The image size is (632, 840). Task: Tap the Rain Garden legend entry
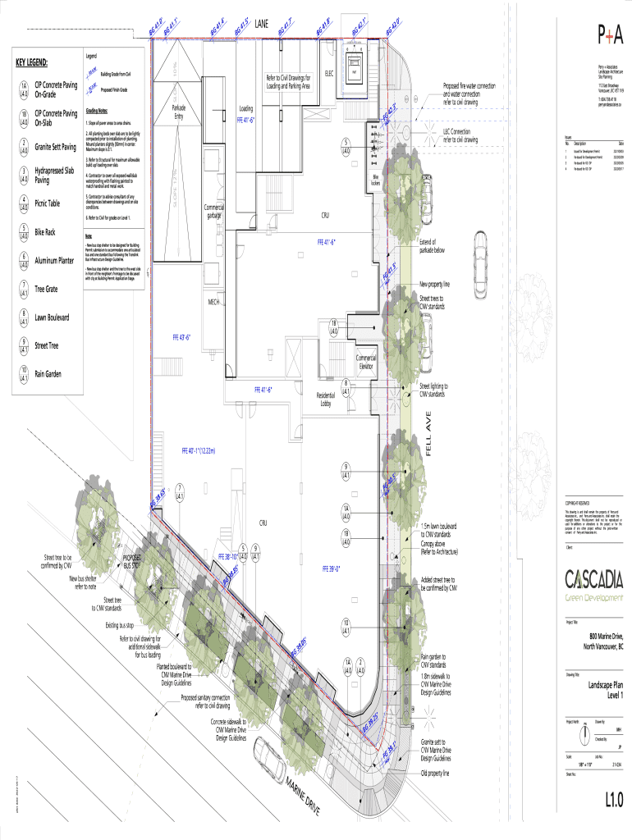tap(48, 374)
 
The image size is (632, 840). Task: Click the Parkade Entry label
tap(178, 113)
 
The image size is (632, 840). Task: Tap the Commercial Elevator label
tap(366, 363)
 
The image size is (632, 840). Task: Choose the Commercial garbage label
tap(215, 212)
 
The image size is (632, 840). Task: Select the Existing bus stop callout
tap(122, 626)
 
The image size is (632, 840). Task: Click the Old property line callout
tap(437, 773)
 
